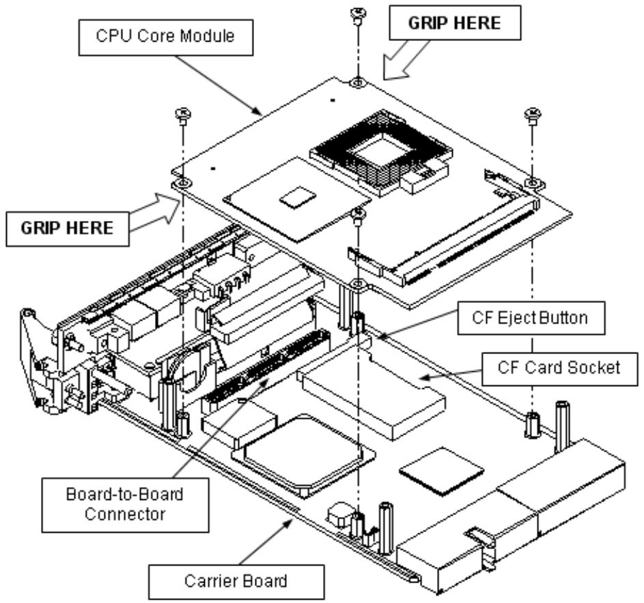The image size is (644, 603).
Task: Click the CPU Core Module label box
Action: tap(166, 38)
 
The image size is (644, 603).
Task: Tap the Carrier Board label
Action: tap(236, 582)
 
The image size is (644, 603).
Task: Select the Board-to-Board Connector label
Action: tap(125, 505)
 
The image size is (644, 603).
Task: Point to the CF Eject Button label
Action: tap(531, 319)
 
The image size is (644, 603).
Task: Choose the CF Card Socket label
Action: tap(559, 368)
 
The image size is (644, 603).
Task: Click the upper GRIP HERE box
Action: tap(455, 23)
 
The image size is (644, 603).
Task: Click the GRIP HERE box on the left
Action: tap(68, 229)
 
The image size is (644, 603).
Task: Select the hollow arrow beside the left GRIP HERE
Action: tap(155, 214)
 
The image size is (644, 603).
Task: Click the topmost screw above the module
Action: tap(359, 14)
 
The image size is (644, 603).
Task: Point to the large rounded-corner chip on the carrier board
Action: tap(303, 456)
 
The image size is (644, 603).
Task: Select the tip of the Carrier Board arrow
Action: tap(293, 520)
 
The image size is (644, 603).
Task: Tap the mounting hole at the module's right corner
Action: tap(533, 181)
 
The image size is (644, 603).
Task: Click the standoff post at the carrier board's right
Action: tap(563, 427)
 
